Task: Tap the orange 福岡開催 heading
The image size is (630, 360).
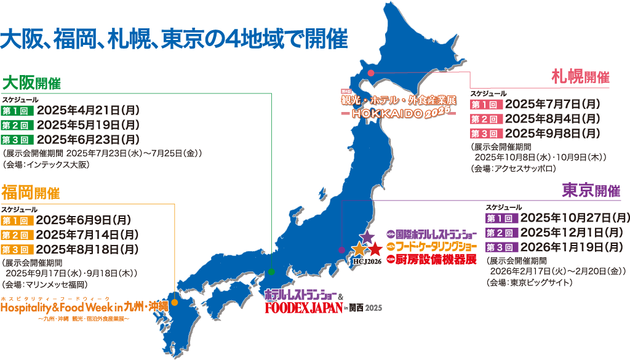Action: [x=31, y=193]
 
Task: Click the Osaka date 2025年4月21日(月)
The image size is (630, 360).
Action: [x=89, y=111]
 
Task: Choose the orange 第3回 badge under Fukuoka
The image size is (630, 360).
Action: [x=17, y=250]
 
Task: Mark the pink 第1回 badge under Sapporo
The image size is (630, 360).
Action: [x=486, y=104]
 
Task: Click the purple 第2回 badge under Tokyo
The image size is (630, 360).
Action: [x=501, y=233]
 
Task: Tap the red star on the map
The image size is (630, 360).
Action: [x=374, y=250]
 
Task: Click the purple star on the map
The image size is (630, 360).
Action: [x=367, y=236]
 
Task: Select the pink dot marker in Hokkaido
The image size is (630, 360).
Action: [x=371, y=73]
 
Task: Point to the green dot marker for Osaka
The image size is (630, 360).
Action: [x=272, y=271]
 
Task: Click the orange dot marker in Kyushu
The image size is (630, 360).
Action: [x=175, y=302]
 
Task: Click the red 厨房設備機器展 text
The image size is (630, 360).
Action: [x=436, y=259]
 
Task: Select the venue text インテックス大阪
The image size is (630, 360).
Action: [x=65, y=165]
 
